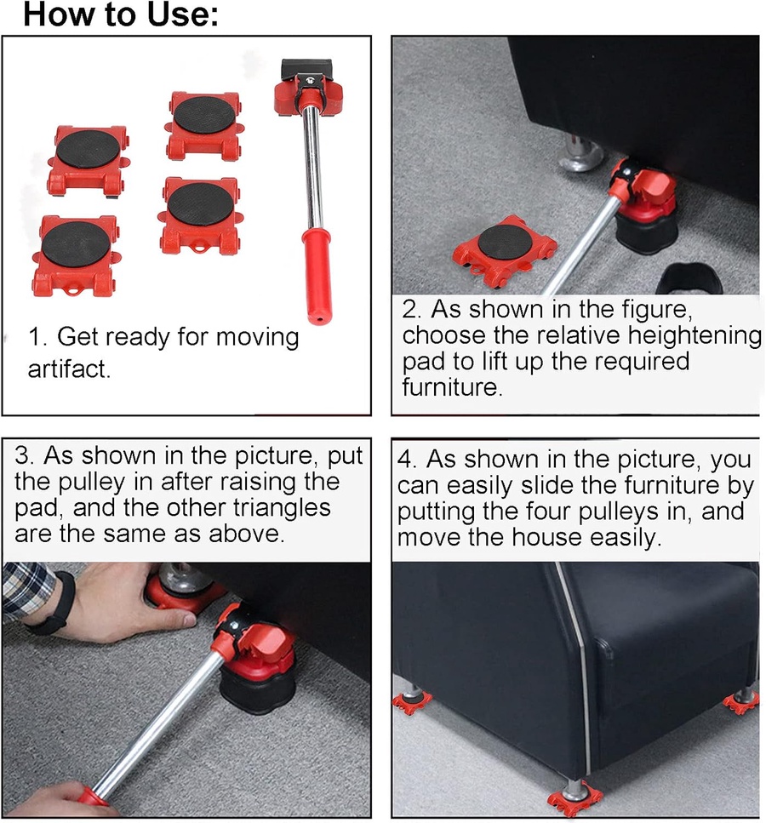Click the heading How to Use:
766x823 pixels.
120,14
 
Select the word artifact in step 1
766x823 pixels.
69,369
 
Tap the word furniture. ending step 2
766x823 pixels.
452,387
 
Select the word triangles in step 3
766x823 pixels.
282,508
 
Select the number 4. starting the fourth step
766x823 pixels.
407,460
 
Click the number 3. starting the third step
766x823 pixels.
26,455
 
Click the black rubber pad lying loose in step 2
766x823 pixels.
689,278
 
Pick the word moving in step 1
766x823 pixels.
257,338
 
